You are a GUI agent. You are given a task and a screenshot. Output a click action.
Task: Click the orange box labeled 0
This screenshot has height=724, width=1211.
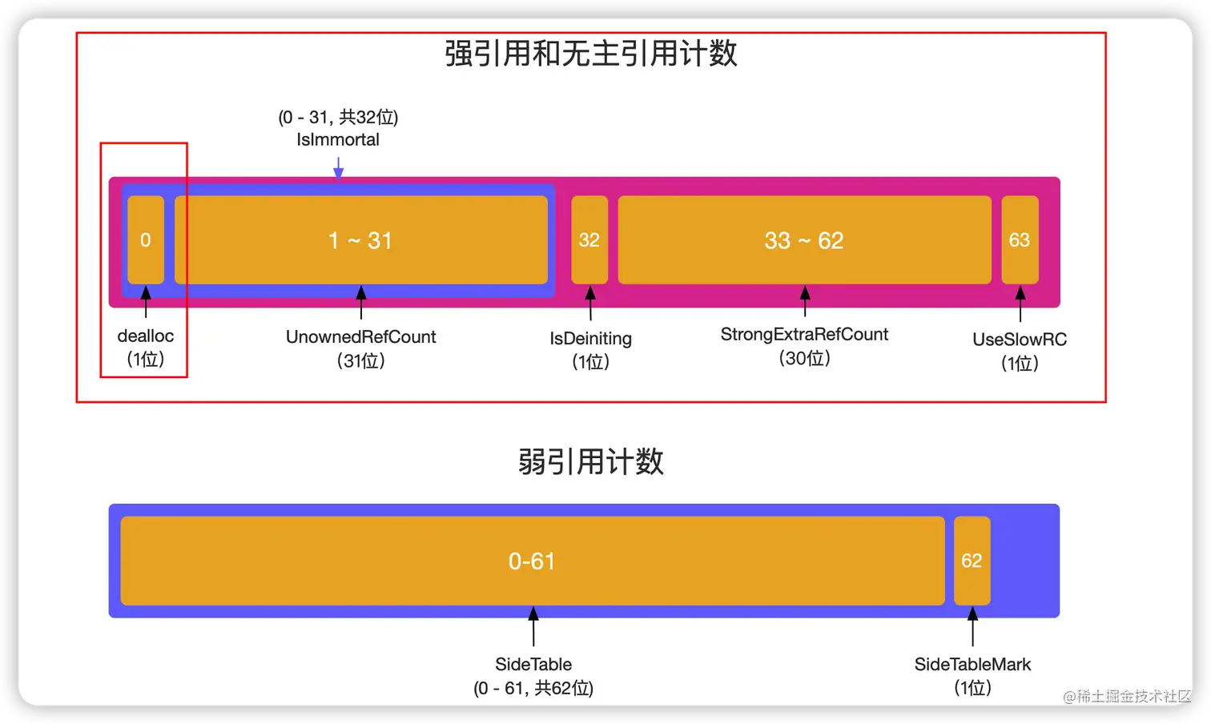tap(146, 239)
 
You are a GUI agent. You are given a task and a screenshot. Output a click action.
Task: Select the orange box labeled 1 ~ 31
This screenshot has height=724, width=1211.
tap(361, 239)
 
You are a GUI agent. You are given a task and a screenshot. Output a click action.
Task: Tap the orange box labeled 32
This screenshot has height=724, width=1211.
tap(589, 239)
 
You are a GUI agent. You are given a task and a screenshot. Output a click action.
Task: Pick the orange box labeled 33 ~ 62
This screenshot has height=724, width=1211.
tap(804, 239)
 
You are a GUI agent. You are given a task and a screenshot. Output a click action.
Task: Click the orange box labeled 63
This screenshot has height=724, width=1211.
tap(1020, 239)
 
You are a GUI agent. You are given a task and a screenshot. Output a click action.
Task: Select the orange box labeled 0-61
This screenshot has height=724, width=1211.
tap(533, 561)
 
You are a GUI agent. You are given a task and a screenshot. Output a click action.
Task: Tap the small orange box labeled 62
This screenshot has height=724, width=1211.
tap(972, 561)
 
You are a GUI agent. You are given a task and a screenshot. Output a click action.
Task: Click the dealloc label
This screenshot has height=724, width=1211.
tap(146, 336)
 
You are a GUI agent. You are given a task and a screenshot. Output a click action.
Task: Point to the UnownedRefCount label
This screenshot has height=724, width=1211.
tap(361, 337)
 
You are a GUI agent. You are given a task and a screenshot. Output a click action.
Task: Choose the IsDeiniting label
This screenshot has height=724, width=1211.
tap(590, 339)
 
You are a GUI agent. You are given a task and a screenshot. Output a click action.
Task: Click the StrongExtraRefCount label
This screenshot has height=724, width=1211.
tap(804, 335)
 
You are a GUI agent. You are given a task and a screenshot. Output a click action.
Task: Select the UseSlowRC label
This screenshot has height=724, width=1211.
tap(1020, 340)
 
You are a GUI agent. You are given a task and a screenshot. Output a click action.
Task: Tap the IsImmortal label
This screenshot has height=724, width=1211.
tap(338, 139)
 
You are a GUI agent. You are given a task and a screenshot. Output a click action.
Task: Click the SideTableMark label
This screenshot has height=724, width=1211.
tap(972, 664)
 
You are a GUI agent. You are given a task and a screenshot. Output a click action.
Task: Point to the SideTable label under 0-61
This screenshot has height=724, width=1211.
tap(533, 664)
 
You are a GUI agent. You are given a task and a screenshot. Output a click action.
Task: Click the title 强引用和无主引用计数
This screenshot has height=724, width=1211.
tap(591, 54)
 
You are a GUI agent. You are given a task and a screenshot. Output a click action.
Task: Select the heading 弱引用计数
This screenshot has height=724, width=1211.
tap(591, 462)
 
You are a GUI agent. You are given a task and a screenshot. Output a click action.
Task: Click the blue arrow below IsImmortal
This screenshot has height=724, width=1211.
tap(339, 167)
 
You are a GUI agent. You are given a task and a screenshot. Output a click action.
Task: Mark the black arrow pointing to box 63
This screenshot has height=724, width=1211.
tap(1020, 304)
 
